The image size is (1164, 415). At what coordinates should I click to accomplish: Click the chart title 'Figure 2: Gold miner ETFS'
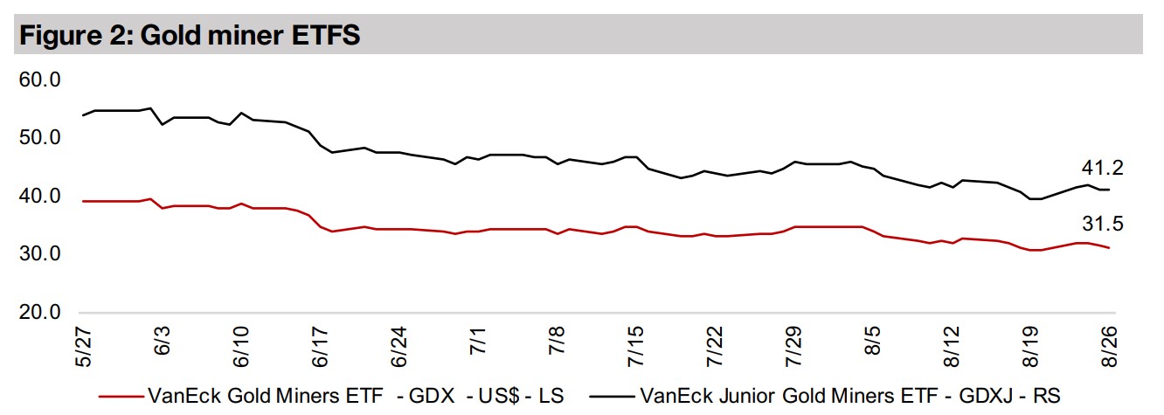tap(191, 36)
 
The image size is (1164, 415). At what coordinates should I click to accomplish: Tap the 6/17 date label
tap(321, 345)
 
